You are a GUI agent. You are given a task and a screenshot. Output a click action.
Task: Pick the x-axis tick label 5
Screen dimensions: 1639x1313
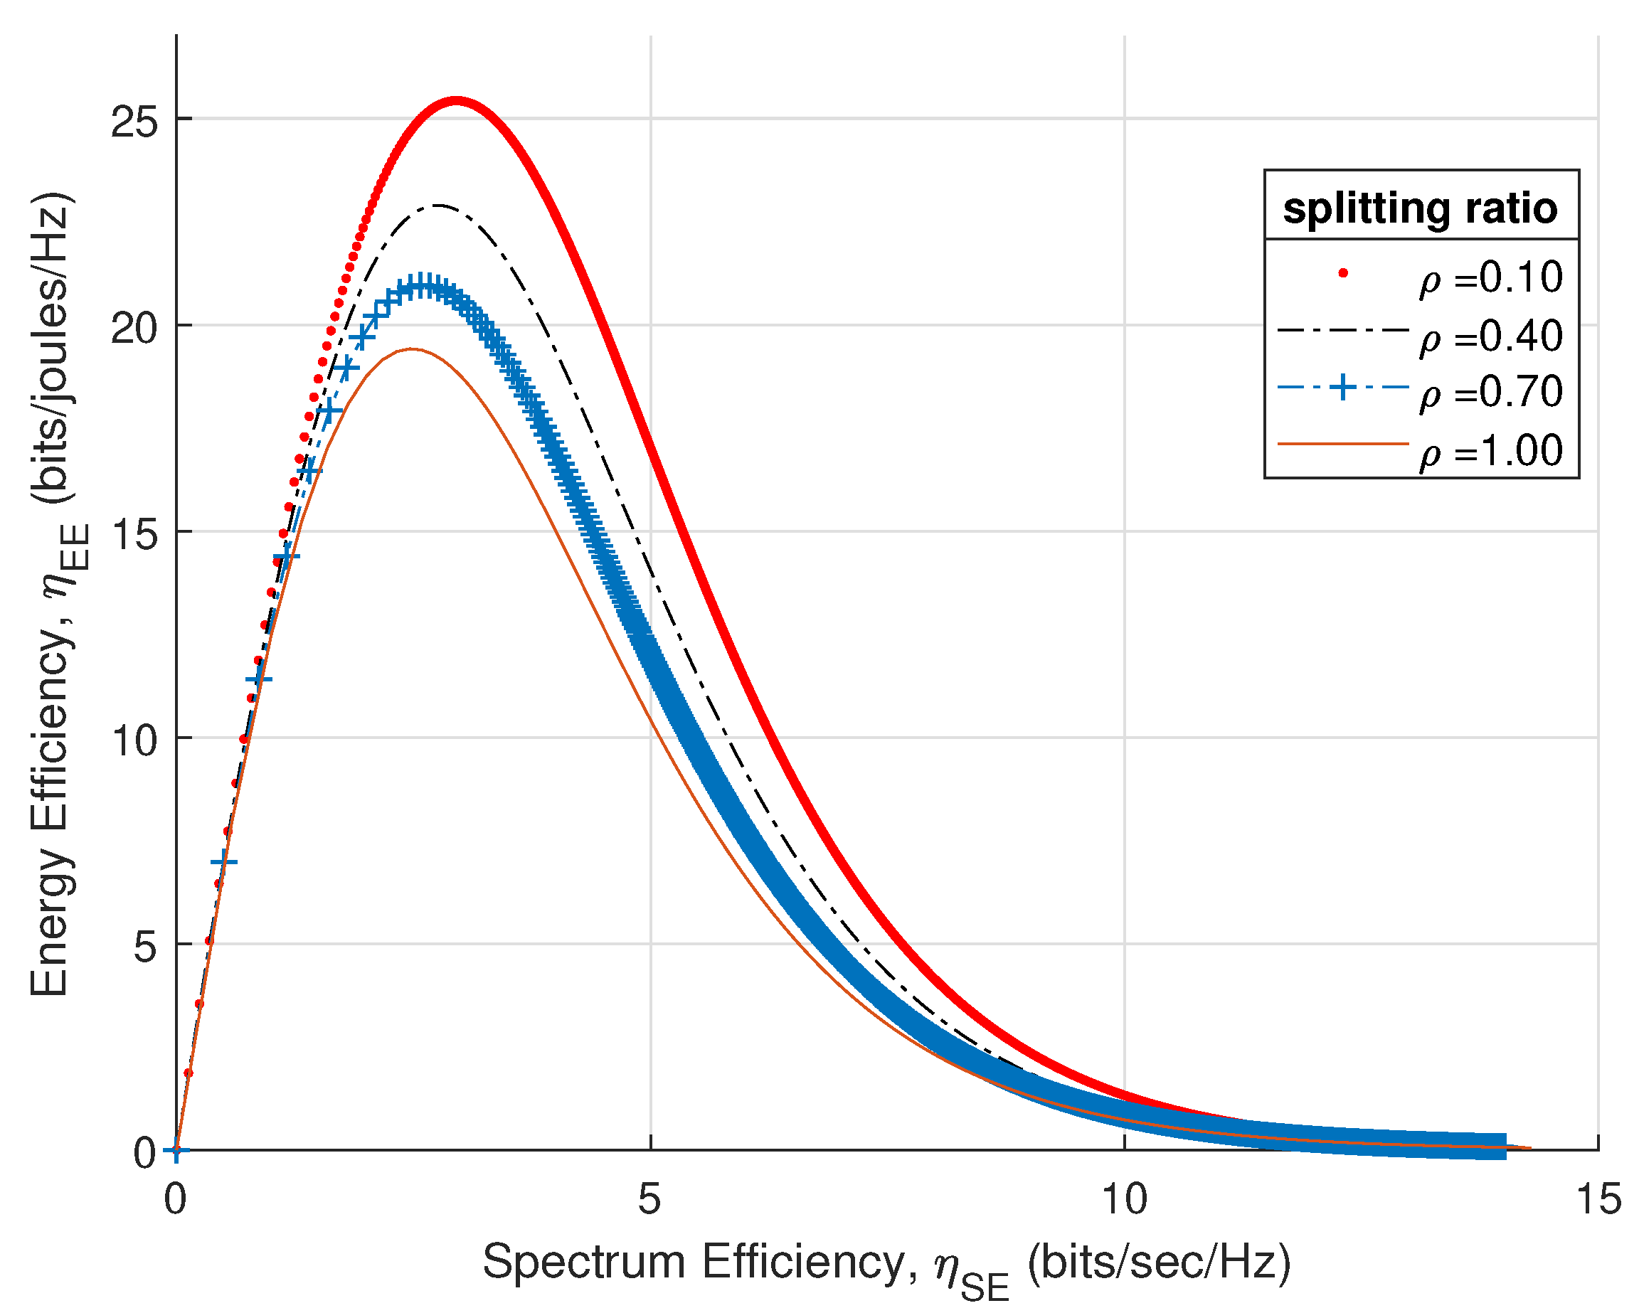pyautogui.click(x=649, y=1200)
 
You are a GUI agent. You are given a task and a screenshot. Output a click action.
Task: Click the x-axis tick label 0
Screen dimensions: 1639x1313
pyautogui.click(x=176, y=1200)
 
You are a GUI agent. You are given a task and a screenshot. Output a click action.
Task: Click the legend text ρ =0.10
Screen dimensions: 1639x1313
pyautogui.click(x=1490, y=277)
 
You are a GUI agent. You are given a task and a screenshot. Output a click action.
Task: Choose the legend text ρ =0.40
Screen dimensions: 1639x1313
pyautogui.click(x=1490, y=335)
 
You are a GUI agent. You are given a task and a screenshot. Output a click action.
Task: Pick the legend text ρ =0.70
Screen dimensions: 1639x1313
pyautogui.click(x=1490, y=393)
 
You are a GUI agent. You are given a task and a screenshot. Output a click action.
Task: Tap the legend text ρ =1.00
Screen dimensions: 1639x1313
pyautogui.click(x=1490, y=451)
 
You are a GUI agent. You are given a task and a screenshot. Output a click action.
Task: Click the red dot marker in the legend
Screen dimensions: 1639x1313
pyautogui.click(x=1342, y=273)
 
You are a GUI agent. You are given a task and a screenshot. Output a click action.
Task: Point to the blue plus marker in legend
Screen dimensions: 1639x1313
pyautogui.click(x=1342, y=387)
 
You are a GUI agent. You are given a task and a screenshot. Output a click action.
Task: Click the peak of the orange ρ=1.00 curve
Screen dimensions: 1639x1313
pyautogui.click(x=411, y=349)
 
